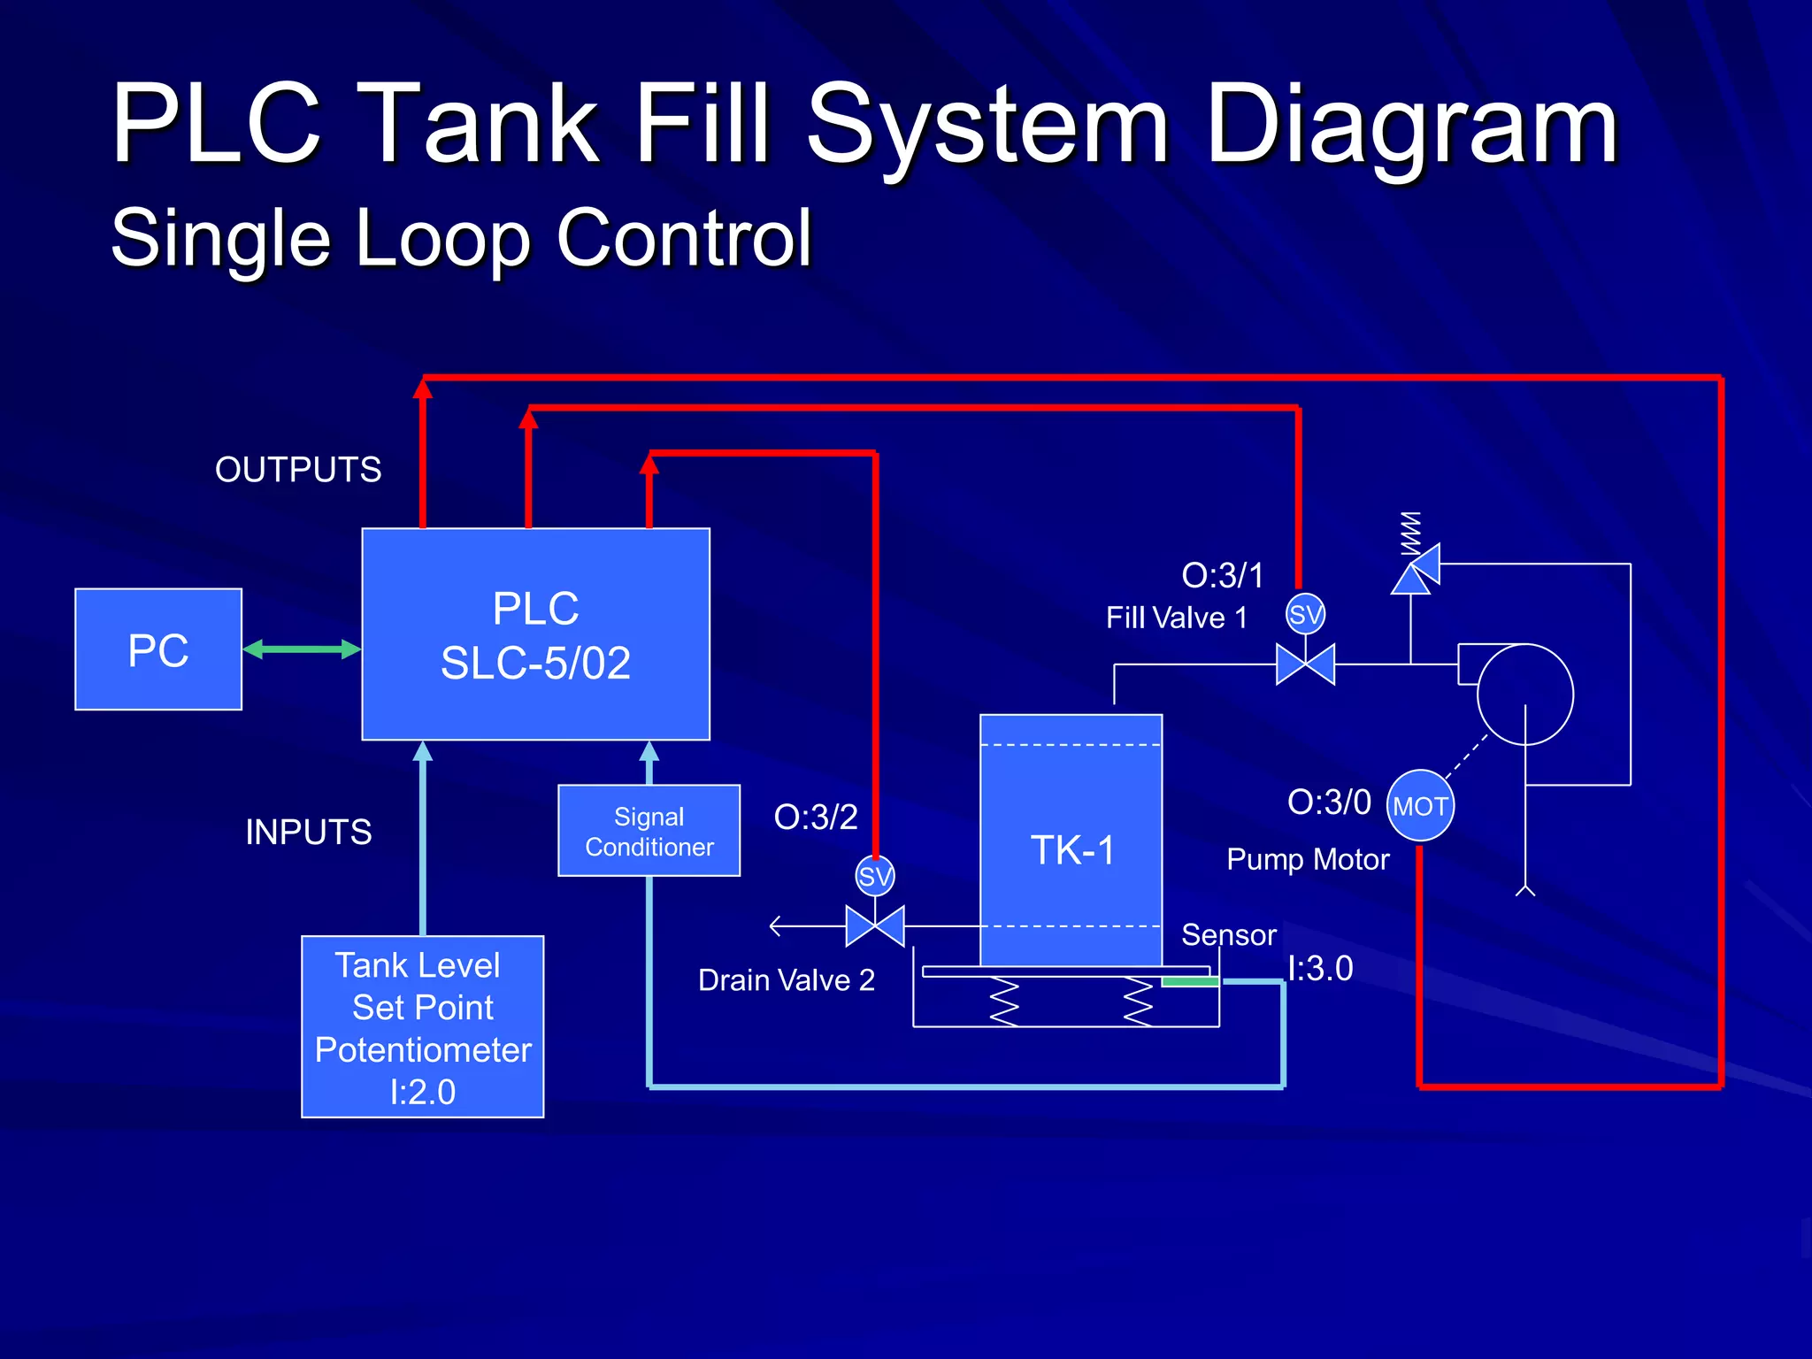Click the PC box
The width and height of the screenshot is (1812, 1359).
(x=158, y=649)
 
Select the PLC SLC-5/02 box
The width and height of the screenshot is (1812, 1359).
(x=535, y=634)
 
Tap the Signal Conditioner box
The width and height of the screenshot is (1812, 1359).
(x=649, y=831)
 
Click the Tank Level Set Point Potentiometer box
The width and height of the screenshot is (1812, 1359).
(x=422, y=1026)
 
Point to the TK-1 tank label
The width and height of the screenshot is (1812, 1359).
(x=1072, y=850)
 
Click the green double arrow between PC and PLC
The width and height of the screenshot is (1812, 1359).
(x=302, y=649)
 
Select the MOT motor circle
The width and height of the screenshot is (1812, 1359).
(x=1419, y=805)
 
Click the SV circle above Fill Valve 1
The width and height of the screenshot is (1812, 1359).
(x=1305, y=614)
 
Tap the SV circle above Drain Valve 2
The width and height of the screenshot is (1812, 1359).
(x=875, y=876)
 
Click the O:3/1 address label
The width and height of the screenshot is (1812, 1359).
(x=1223, y=575)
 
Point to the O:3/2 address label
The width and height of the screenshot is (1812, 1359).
(x=816, y=817)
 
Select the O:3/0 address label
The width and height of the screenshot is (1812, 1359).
(x=1329, y=802)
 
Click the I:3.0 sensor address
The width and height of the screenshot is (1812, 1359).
(x=1320, y=968)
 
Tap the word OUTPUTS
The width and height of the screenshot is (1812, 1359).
(x=298, y=469)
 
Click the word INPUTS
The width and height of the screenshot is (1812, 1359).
(x=308, y=832)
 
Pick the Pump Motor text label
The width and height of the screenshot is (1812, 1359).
(x=1308, y=859)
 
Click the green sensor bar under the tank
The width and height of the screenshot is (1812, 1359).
(x=1190, y=981)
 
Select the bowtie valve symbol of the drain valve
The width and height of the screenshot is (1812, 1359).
(x=875, y=926)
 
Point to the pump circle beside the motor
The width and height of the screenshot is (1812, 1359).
(x=1524, y=695)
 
